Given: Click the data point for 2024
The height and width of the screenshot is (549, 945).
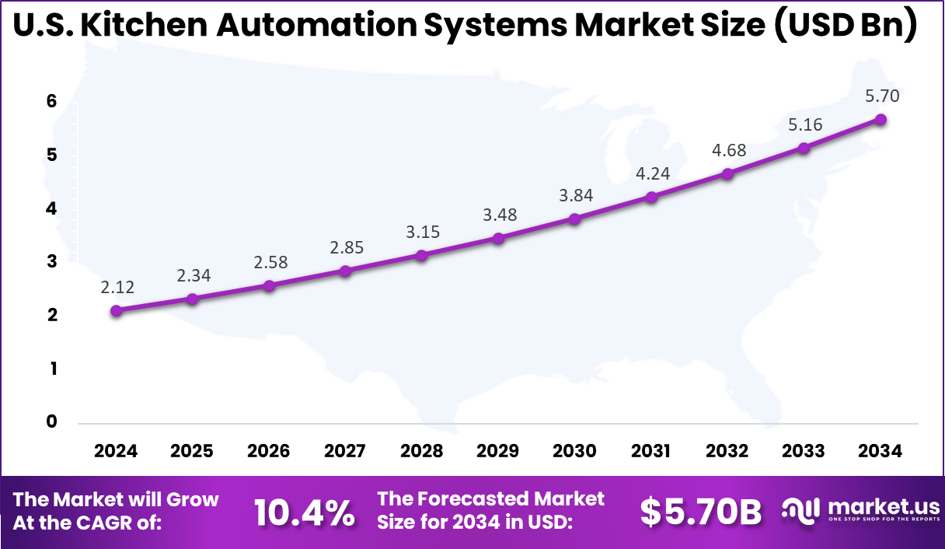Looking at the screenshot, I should [x=117, y=310].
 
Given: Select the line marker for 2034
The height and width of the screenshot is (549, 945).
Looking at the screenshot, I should [x=880, y=119].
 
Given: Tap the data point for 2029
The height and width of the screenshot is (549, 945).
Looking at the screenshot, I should [x=498, y=238].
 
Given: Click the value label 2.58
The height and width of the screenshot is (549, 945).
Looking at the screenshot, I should [x=270, y=262].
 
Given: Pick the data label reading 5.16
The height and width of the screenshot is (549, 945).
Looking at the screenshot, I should [x=804, y=124].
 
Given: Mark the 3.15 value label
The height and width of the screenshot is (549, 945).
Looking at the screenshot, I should [x=422, y=232].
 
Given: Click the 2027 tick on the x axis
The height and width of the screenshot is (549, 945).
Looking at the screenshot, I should [x=346, y=452].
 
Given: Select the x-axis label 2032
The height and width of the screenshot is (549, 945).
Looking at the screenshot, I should [x=727, y=452].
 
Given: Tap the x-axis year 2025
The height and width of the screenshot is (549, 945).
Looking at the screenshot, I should [x=193, y=452].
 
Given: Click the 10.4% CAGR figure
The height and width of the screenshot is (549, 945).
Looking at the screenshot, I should [x=305, y=512].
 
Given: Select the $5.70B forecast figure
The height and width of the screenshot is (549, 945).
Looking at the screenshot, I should [x=701, y=512].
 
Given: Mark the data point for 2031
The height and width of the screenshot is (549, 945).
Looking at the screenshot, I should [x=651, y=197].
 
